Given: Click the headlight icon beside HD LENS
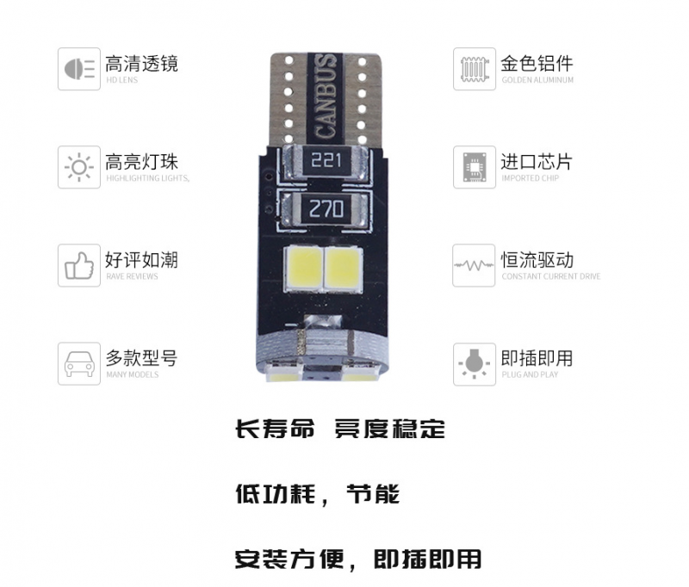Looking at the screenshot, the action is click(x=79, y=69).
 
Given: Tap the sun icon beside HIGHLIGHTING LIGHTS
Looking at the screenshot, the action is click(x=79, y=167).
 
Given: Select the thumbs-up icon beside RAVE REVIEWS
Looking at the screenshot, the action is click(x=79, y=266).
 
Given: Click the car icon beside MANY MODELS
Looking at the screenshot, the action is click(x=79, y=364).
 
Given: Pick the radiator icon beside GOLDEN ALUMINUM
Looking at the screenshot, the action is click(x=475, y=70).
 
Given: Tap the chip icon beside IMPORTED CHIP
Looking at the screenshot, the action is click(x=475, y=167).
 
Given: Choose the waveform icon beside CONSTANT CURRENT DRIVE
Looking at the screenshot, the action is click(x=474, y=265).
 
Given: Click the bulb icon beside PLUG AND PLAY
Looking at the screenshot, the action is click(x=475, y=364).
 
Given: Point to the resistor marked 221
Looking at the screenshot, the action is click(x=326, y=160).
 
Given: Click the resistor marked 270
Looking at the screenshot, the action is click(x=326, y=208).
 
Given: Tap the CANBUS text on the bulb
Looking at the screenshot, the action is click(x=326, y=96).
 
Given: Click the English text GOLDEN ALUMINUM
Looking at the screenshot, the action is click(x=537, y=80).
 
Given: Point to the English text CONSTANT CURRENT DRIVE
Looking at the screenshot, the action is click(x=551, y=276).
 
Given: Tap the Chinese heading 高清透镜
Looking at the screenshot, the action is click(x=141, y=64).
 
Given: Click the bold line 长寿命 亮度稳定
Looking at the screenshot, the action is click(x=340, y=429).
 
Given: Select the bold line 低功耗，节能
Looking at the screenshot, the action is click(x=317, y=494).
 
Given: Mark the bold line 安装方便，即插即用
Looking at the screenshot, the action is click(x=358, y=559).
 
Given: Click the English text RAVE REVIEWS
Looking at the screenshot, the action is click(x=132, y=276).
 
